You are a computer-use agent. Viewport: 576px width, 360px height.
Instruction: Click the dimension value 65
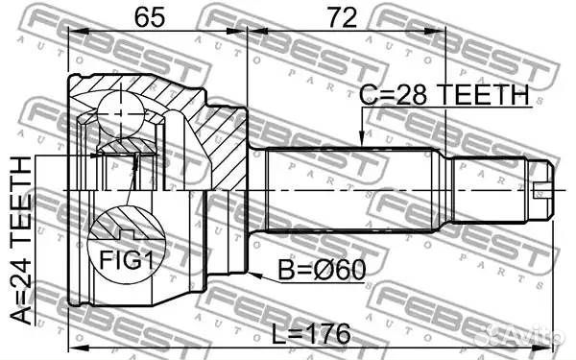(x=149, y=17)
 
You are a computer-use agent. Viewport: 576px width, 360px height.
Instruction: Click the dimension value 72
(x=342, y=17)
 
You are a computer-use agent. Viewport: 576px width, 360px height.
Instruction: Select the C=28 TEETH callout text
(x=444, y=94)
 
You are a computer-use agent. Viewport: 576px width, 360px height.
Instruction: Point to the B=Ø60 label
(x=322, y=270)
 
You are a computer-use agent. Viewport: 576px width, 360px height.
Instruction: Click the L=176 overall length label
(x=311, y=334)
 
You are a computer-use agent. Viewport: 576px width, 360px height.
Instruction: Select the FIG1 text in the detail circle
(x=126, y=260)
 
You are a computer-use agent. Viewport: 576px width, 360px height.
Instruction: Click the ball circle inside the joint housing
(x=121, y=114)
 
